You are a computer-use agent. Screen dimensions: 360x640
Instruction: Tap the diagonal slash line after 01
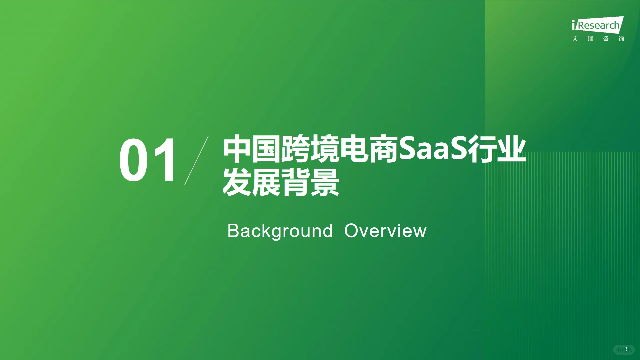point(196,160)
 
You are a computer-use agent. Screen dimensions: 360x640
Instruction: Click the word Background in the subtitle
point(280,231)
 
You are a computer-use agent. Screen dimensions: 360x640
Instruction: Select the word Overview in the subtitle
point(385,231)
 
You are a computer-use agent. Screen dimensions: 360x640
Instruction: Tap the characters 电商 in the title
point(369,149)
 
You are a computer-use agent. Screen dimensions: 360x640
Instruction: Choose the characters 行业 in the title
point(497,149)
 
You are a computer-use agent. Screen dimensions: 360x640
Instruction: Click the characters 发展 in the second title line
point(252,182)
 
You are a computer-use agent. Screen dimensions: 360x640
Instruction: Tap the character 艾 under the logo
point(575,39)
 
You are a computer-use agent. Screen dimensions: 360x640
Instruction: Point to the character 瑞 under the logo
point(590,39)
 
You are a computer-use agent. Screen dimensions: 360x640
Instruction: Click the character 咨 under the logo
point(606,39)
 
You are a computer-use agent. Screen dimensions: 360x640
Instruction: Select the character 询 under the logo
point(621,39)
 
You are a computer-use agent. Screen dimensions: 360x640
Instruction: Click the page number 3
point(626,349)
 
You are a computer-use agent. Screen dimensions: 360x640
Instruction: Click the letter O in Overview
point(351,231)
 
